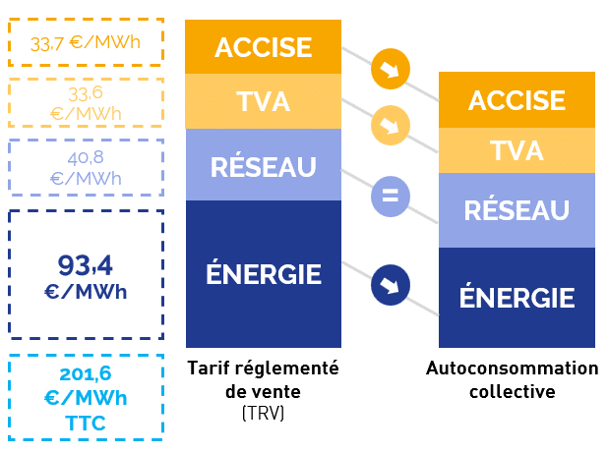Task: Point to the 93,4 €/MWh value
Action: coord(86,275)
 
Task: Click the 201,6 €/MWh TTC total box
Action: coord(86,396)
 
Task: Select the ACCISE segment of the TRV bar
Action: coord(263,47)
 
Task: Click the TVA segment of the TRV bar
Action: coord(263,101)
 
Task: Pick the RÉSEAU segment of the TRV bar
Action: coord(263,165)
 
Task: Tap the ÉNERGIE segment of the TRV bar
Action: coord(263,273)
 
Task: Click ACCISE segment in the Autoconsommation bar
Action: coord(517,99)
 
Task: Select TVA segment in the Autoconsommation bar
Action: coord(517,150)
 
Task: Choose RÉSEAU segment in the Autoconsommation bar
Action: coord(517,209)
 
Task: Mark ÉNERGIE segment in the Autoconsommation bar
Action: coord(517,297)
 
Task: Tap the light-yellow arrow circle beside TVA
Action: coord(390,127)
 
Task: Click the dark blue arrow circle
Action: coord(390,286)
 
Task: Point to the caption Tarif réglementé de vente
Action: coord(263,378)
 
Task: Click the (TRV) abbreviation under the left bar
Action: coord(263,414)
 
